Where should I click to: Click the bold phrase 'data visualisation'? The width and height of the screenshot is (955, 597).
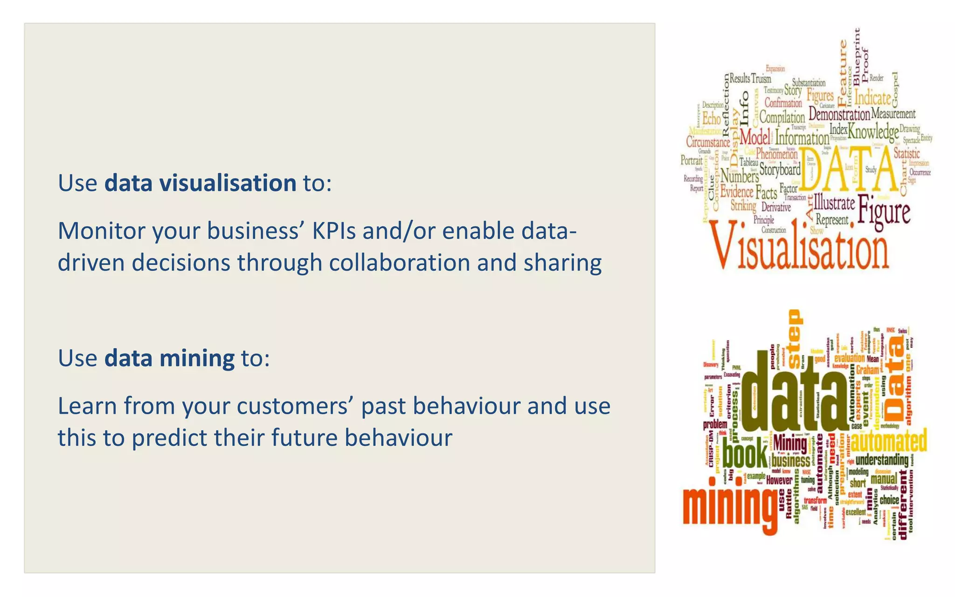pos(200,183)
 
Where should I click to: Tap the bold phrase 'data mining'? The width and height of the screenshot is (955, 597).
pos(169,358)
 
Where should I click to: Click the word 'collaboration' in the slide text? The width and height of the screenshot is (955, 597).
pos(399,263)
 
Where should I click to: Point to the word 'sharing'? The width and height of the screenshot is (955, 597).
pos(562,263)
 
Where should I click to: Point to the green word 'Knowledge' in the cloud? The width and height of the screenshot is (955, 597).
pos(873,132)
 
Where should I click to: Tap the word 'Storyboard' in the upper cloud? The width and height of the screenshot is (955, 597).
pos(780,170)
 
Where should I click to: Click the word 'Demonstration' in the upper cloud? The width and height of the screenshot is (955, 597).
pos(839,114)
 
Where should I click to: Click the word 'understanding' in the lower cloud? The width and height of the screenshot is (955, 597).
pos(882,460)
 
